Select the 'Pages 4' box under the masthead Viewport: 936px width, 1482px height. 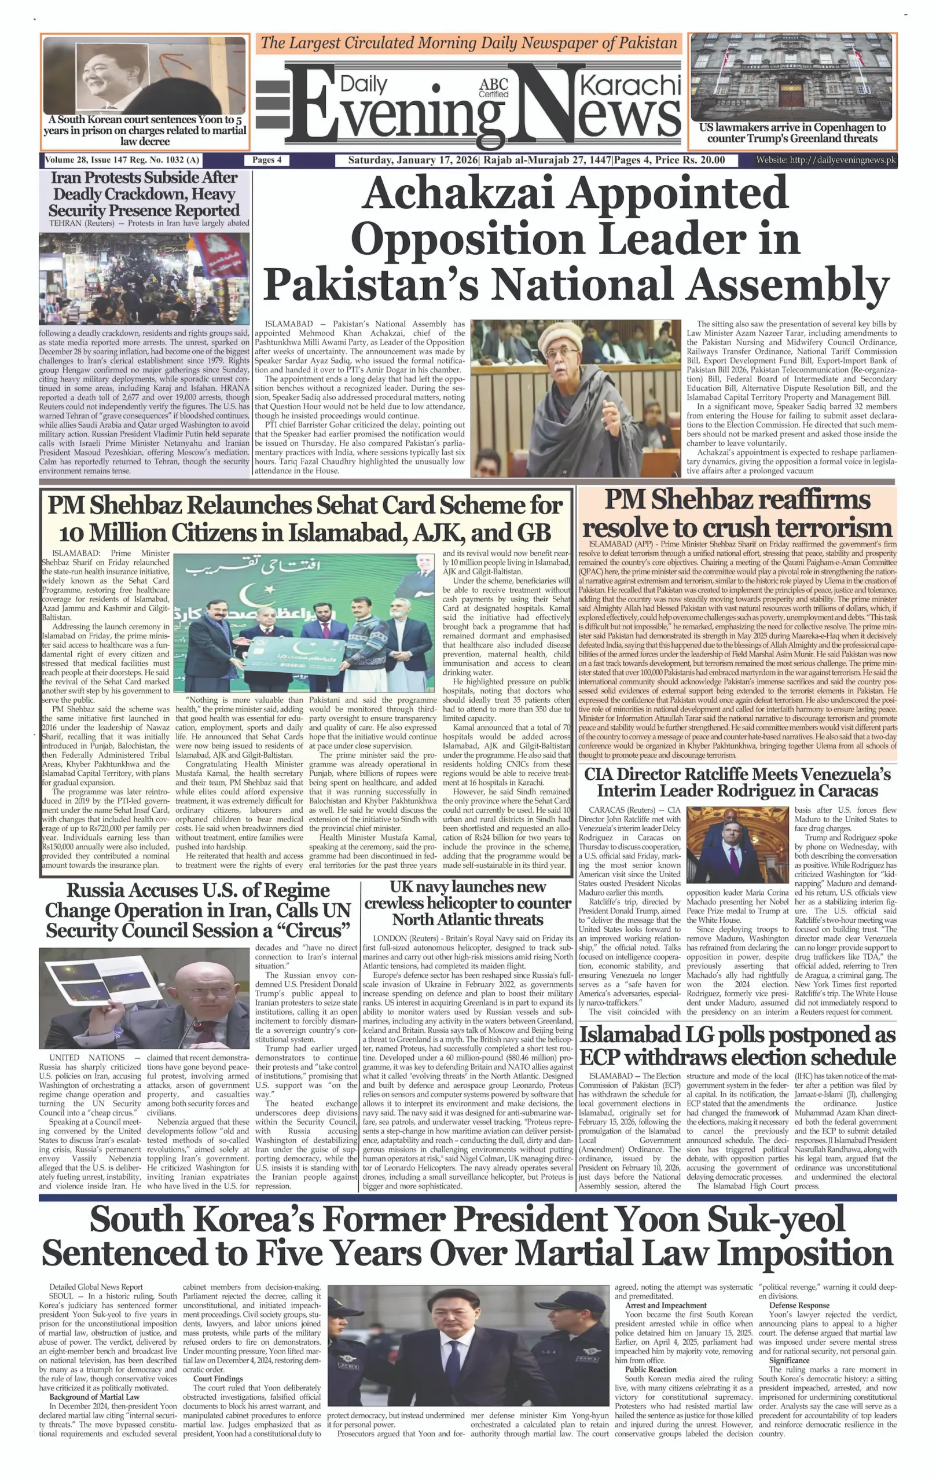(x=266, y=160)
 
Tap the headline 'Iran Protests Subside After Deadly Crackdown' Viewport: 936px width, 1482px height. (x=144, y=194)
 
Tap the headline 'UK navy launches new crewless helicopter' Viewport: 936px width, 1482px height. (x=468, y=903)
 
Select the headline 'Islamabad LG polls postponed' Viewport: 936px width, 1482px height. (x=737, y=1046)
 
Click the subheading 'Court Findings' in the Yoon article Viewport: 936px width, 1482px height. (x=217, y=1378)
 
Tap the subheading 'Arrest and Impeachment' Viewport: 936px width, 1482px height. (x=666, y=1305)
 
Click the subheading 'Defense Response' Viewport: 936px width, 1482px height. (x=799, y=1305)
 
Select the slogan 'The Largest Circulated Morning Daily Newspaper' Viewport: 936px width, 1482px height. (x=468, y=43)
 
